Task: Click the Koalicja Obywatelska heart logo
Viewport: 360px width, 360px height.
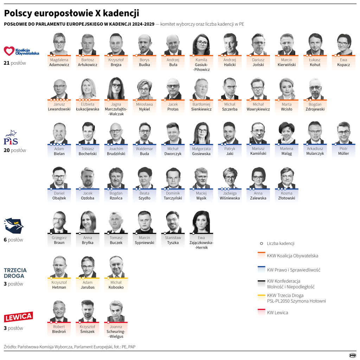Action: tap(9, 51)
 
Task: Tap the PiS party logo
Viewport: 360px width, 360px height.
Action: tap(11, 137)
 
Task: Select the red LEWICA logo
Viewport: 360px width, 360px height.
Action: tap(18, 316)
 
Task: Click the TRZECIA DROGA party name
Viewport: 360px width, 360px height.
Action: tap(15, 273)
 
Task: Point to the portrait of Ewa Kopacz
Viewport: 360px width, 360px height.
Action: tap(343, 44)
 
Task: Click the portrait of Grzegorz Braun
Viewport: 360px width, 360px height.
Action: tap(59, 222)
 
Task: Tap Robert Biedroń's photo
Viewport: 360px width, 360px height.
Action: tap(59, 311)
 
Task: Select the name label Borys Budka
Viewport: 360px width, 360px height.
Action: tap(144, 62)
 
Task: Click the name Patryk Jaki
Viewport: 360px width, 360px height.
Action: tap(230, 151)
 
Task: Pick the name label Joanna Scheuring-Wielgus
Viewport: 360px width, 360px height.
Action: tap(116, 331)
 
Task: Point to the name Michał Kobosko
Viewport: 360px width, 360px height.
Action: tap(116, 285)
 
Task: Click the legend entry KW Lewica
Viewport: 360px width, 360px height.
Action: tap(277, 313)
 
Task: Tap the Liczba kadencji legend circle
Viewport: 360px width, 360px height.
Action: tap(261, 243)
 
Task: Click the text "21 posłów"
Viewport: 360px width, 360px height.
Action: tap(15, 63)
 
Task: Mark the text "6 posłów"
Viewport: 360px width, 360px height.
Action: tap(13, 240)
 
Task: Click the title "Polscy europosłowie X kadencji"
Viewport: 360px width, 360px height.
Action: tap(71, 13)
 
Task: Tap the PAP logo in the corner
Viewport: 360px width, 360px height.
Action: tap(352, 355)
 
